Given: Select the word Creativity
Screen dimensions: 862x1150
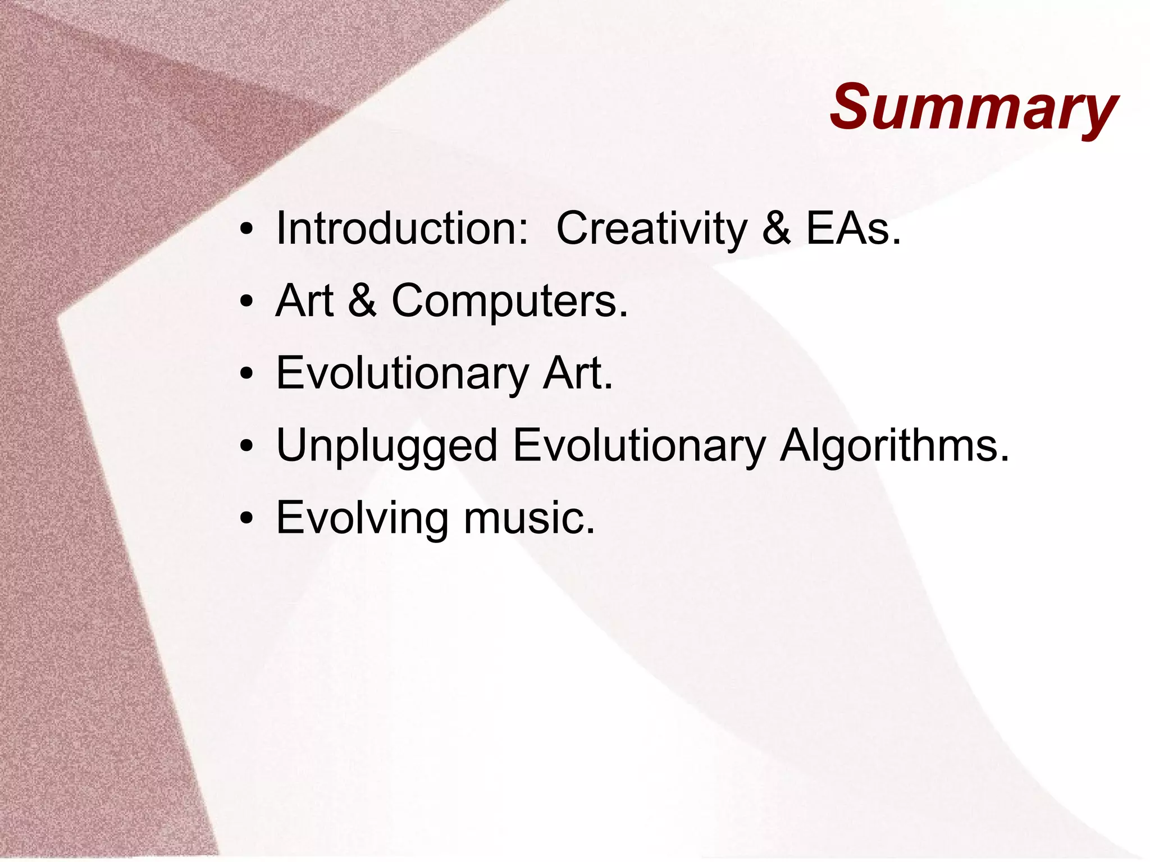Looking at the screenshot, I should click(x=651, y=229).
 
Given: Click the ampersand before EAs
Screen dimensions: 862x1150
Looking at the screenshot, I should click(x=776, y=229).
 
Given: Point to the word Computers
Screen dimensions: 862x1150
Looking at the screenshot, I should click(x=509, y=301).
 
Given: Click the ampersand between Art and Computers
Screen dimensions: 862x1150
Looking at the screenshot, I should click(x=362, y=301).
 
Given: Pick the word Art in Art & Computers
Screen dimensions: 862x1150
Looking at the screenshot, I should click(x=305, y=301).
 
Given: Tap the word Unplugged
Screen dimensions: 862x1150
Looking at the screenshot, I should click(x=386, y=446).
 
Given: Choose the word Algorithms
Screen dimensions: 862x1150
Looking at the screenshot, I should click(x=894, y=446).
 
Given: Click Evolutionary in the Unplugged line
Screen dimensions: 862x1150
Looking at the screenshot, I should click(x=639, y=446).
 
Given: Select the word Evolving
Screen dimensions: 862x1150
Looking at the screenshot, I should click(x=362, y=518).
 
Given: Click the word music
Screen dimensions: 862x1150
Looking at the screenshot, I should click(x=528, y=518).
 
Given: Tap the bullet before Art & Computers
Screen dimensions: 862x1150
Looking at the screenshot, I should click(x=246, y=304).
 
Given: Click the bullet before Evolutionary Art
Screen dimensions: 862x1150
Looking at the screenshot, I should click(x=246, y=376).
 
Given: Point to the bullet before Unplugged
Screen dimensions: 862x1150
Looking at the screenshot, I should click(x=246, y=448).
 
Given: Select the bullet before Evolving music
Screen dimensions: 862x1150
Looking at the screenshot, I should click(x=246, y=520).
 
